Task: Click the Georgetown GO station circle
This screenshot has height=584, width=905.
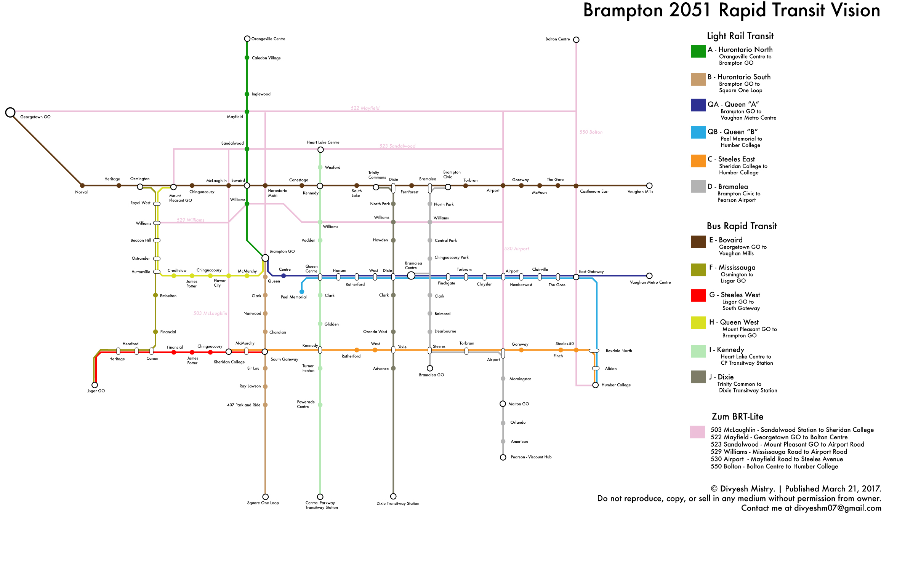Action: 10,112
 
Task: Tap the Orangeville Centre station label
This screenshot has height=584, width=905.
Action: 268,39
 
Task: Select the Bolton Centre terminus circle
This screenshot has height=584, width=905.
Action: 576,40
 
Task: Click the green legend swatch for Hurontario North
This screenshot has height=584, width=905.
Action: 698,51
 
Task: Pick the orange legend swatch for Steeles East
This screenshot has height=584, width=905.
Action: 698,161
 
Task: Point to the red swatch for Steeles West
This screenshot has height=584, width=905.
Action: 698,295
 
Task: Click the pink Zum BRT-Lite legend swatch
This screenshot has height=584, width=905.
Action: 697,432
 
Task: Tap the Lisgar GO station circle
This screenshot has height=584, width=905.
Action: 95,385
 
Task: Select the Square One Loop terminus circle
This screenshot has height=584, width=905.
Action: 265,497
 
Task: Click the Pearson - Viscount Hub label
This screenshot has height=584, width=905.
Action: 531,457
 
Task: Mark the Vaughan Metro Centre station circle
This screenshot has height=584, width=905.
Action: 649,276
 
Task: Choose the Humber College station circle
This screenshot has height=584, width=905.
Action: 595,385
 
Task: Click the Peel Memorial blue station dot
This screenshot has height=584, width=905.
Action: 302,292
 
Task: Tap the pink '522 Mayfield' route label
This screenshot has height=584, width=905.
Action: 365,108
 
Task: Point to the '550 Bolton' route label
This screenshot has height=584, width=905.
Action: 591,132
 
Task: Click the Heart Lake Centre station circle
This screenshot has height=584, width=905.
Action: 320,150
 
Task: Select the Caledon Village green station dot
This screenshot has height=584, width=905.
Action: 247,58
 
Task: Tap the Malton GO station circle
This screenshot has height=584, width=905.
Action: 503,404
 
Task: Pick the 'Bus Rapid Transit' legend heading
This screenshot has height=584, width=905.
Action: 742,226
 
